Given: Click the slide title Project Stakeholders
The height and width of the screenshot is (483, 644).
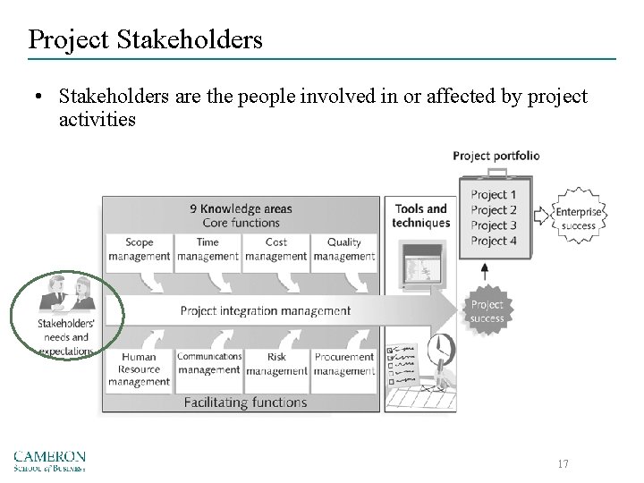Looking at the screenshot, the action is (145, 38).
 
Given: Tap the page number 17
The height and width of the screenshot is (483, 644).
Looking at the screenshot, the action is (562, 464).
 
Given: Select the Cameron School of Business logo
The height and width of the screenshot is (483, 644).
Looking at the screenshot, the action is (49, 461).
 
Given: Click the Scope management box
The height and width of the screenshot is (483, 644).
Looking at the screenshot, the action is (139, 249).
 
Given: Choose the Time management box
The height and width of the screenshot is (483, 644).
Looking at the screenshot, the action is (208, 249).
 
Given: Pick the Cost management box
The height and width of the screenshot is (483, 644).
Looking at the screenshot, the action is (276, 249).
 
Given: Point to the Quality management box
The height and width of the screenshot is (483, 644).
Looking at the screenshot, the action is (344, 249).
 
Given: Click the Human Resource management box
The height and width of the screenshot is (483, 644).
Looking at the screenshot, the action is (139, 369).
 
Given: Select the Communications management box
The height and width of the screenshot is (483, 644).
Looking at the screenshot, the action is (208, 363).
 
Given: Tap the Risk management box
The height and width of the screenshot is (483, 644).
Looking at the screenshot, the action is (276, 363).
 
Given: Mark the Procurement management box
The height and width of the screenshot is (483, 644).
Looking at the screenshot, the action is (344, 363).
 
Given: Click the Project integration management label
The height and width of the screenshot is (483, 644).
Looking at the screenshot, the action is (266, 311).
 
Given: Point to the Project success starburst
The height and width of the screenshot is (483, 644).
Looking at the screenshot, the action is (487, 311).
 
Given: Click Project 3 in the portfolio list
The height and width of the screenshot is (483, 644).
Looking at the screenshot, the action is (494, 225).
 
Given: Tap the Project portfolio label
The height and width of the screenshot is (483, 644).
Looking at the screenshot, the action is (496, 156).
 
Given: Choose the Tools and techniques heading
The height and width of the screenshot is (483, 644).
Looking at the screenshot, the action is (420, 216).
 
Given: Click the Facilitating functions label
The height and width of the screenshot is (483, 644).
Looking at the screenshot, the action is (245, 402).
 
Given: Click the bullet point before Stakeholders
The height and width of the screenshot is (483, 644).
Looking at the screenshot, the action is (38, 97).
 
